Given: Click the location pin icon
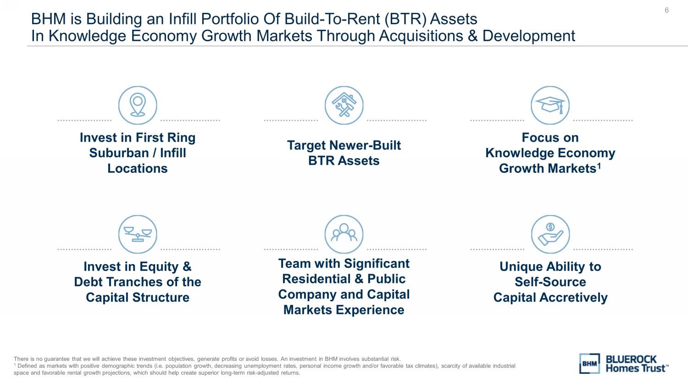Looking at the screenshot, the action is [x=138, y=105].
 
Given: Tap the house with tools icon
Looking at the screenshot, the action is [x=344, y=105].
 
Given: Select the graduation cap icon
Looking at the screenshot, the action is [x=550, y=105].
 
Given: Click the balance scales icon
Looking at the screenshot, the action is [x=138, y=234].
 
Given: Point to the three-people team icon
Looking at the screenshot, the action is [x=344, y=234].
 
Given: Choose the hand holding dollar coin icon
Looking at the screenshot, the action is [x=550, y=234].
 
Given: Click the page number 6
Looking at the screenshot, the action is [x=666, y=10].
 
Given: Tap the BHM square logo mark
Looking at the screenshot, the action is [x=589, y=364].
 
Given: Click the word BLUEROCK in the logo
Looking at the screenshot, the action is [x=631, y=359].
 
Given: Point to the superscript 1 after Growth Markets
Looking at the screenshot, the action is [x=599, y=166].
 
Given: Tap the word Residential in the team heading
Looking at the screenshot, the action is [x=316, y=279].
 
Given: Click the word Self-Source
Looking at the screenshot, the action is [x=550, y=282].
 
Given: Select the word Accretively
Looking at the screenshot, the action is [x=573, y=298].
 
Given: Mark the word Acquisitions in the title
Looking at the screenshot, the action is [x=421, y=36].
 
